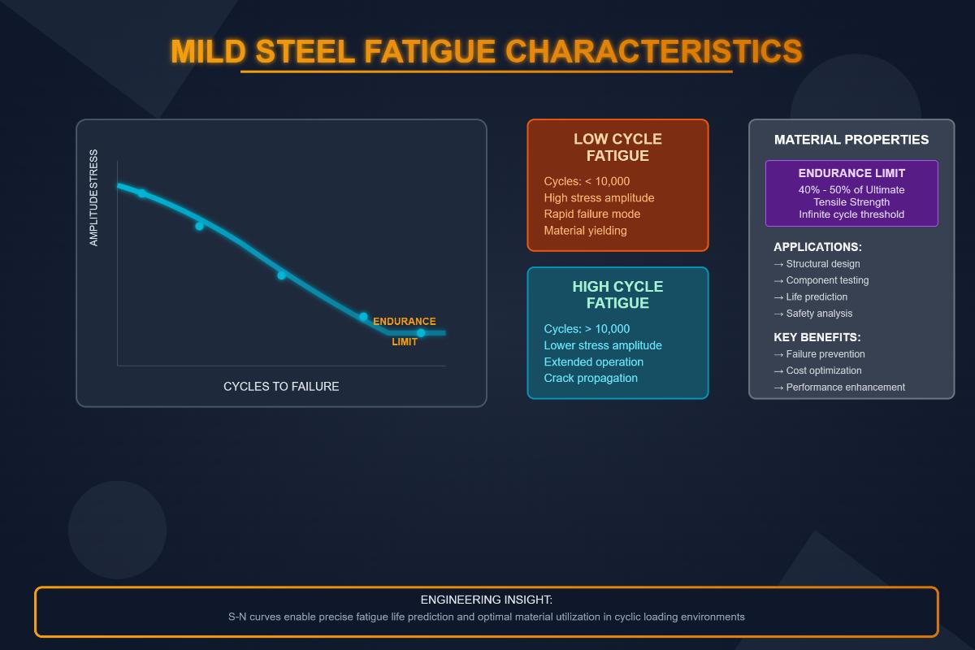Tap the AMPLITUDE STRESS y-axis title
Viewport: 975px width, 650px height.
(x=93, y=197)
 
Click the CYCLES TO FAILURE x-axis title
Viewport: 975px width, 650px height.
(x=281, y=387)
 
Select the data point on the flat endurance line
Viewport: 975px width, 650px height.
(x=421, y=333)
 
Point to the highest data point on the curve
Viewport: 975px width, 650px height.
(x=141, y=193)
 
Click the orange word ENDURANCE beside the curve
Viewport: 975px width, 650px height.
(x=404, y=322)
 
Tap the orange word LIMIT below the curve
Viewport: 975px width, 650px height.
(x=404, y=342)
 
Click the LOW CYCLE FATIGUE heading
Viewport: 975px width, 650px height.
(x=617, y=147)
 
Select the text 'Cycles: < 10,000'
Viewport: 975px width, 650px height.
(x=587, y=181)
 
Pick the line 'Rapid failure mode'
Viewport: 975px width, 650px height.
(x=591, y=214)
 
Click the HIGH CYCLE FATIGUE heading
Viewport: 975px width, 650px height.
(x=617, y=295)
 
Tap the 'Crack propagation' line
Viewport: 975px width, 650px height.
(x=591, y=378)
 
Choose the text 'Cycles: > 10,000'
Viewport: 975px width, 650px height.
(x=587, y=329)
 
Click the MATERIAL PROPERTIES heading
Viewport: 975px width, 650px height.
(x=851, y=140)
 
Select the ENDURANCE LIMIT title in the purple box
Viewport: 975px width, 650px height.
(x=851, y=173)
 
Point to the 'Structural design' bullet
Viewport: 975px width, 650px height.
(x=822, y=264)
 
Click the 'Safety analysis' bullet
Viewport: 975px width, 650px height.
(x=818, y=314)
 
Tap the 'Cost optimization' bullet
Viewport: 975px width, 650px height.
(x=823, y=370)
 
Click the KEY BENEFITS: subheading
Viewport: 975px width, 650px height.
(x=817, y=337)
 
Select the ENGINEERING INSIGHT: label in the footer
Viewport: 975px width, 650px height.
(x=486, y=600)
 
